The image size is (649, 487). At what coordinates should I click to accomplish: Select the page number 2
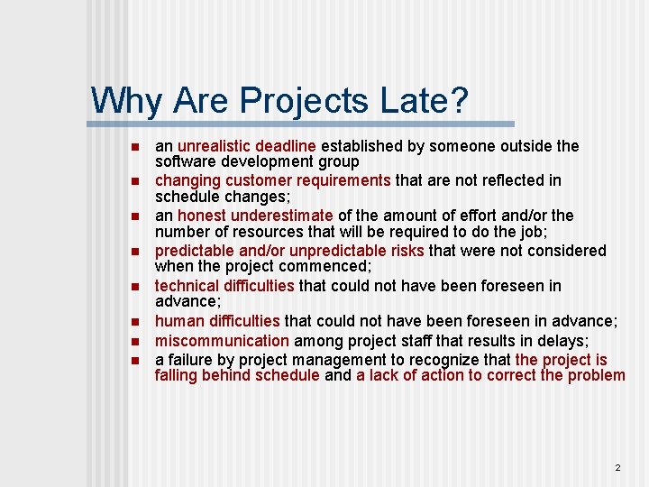617,467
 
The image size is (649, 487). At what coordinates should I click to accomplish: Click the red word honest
202,216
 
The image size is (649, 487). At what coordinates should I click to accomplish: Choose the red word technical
188,286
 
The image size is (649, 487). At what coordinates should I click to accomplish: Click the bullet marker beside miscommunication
132,342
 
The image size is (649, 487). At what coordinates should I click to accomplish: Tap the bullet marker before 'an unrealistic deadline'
132,146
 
